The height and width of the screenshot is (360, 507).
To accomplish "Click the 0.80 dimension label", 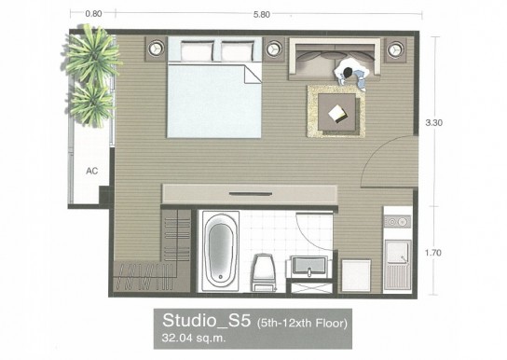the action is point(93,14).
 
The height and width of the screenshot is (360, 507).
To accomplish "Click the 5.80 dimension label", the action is point(262,15).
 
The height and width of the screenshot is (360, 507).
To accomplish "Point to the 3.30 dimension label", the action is point(434,122).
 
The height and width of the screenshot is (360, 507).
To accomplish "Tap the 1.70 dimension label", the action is point(433,253).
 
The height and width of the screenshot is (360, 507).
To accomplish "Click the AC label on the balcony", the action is point(92,171).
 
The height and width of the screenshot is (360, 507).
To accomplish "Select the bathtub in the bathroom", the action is point(221,251).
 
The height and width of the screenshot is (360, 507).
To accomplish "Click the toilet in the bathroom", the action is point(265,272).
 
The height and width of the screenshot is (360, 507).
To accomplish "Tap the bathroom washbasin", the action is point(309,266).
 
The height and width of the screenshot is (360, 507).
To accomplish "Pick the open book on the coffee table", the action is point(337,114).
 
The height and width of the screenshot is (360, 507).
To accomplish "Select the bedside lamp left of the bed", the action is point(157,48).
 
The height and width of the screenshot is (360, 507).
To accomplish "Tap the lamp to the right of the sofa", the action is point(394,49).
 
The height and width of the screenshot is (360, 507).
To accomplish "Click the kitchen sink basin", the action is point(397,251).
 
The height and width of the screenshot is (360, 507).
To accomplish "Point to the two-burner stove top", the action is point(397,222).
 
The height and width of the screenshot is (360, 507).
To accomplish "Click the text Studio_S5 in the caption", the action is point(206,320).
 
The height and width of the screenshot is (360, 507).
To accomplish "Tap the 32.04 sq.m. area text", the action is point(193,339).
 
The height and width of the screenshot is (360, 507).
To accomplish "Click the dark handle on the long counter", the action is point(251,194).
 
